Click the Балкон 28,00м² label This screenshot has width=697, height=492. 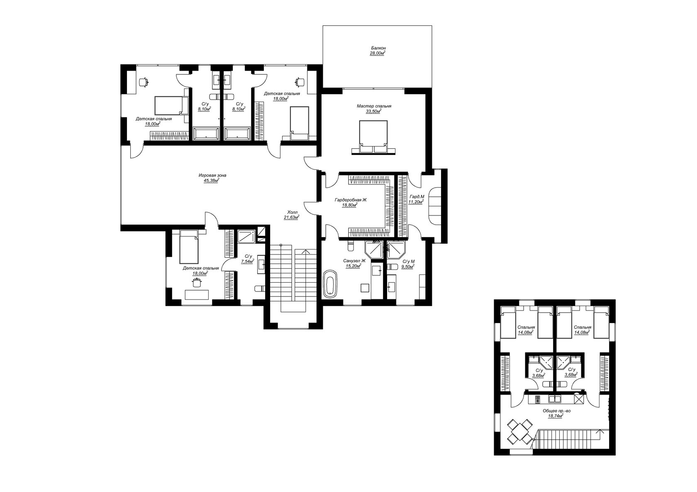tap(378, 51)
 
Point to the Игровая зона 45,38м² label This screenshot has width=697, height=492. tap(212, 178)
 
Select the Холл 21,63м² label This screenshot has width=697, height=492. tap(291, 215)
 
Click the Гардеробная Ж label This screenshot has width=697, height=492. tap(350, 200)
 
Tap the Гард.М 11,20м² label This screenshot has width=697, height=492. tap(417, 199)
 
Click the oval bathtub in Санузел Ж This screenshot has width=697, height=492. tap(330, 284)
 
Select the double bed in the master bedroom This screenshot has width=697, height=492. tap(373, 137)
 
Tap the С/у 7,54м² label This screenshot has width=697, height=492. tap(248, 259)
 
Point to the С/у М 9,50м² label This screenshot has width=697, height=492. tap(408, 264)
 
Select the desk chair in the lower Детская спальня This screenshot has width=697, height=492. tap(196, 283)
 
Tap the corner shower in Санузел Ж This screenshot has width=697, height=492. tap(375, 250)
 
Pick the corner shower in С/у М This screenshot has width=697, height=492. tap(397, 250)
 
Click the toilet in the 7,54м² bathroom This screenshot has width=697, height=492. tap(260, 289)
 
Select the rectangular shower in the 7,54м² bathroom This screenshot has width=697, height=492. tap(246, 236)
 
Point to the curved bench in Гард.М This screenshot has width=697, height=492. tap(434, 205)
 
